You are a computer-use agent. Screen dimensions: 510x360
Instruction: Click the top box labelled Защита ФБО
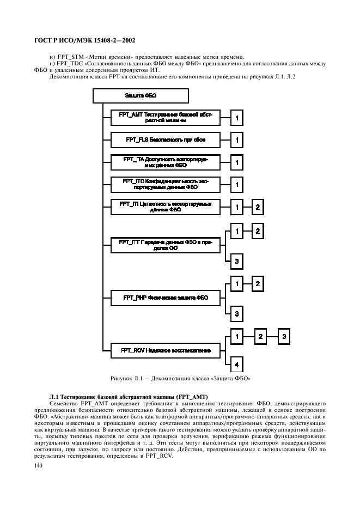coord(141,95)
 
